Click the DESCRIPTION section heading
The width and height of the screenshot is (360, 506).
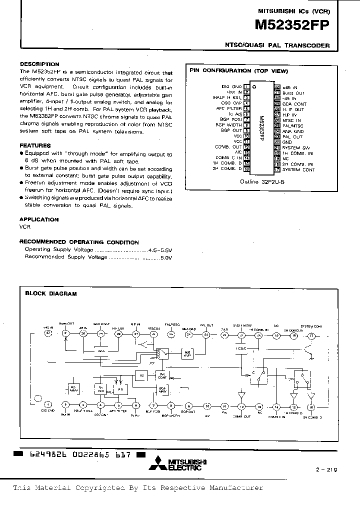[39, 64]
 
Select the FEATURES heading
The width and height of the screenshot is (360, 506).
[35, 145]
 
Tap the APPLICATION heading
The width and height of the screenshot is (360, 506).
[39, 219]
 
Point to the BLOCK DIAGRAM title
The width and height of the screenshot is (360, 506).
[51, 293]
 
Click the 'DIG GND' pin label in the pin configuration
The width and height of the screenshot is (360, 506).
[232, 86]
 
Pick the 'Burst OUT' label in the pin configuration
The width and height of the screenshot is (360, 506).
[293, 92]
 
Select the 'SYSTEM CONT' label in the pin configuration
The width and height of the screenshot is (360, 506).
[298, 169]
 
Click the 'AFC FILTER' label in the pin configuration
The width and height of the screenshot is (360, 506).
[229, 108]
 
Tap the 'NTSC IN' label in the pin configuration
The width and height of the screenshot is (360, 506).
[291, 120]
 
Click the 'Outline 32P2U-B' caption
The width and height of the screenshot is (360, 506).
[262, 182]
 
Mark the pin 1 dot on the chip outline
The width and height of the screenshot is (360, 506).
[254, 87]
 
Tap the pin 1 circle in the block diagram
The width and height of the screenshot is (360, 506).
[48, 404]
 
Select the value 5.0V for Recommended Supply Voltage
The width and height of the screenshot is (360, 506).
[166, 257]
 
